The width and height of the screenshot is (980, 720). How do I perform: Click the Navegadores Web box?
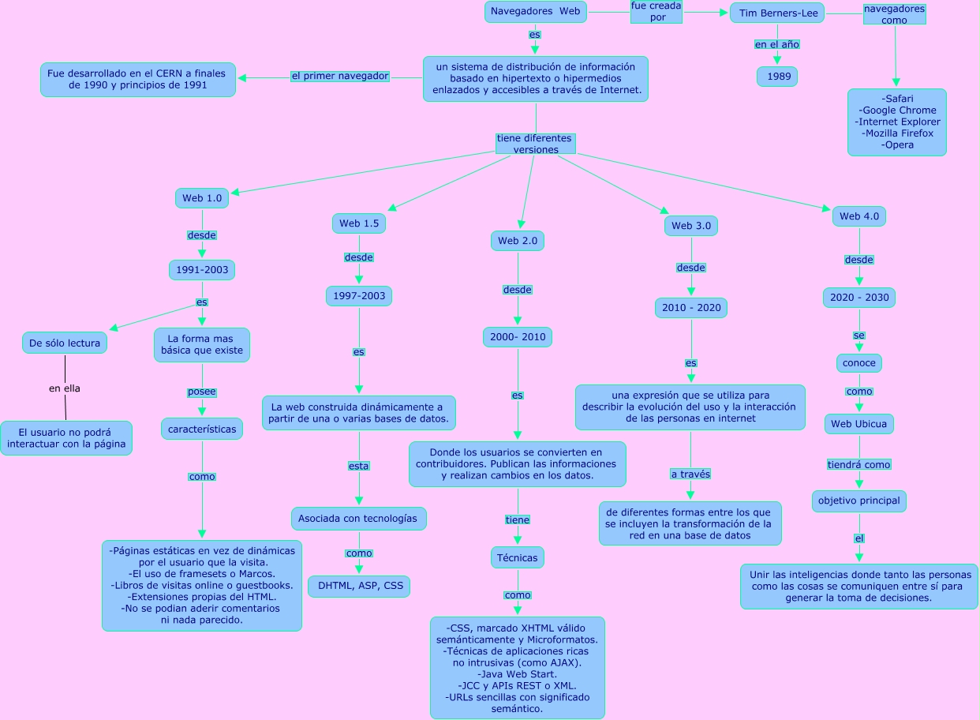(535, 12)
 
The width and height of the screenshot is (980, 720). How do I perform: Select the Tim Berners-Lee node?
(777, 13)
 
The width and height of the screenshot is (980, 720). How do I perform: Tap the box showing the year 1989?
(777, 77)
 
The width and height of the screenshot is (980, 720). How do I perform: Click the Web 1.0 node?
(202, 198)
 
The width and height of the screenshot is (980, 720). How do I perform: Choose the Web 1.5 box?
(359, 224)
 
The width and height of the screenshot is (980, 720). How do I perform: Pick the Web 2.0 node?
(518, 241)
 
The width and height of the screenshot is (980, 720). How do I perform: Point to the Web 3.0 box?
(691, 227)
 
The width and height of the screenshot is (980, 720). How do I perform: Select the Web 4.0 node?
(859, 216)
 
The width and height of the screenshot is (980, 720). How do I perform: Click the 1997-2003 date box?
(359, 296)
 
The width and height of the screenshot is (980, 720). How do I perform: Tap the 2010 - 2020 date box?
(691, 308)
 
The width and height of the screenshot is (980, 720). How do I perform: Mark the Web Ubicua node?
(859, 424)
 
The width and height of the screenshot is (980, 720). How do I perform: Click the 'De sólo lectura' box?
(65, 343)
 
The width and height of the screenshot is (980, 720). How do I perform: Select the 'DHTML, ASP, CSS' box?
(359, 587)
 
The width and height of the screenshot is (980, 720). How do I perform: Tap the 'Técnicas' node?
(518, 557)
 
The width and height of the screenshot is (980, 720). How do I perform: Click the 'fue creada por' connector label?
(656, 12)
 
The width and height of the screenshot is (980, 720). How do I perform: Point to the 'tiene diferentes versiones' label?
(535, 144)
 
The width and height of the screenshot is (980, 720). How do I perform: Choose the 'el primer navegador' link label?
(340, 77)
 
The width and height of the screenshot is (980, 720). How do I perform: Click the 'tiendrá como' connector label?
(859, 465)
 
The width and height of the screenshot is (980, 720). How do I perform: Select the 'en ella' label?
(65, 388)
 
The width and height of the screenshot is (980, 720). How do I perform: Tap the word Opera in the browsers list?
(898, 145)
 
